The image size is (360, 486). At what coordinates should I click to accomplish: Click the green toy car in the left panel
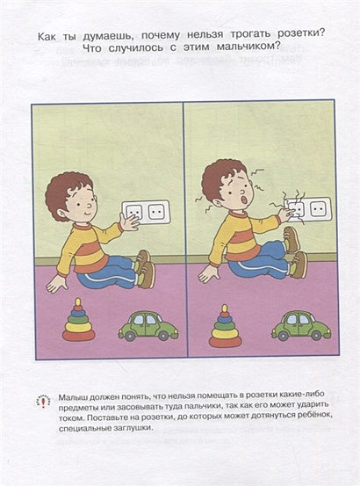point(148,326)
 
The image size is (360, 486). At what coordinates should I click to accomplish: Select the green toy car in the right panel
point(300,326)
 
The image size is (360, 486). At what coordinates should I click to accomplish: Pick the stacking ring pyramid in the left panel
point(79,323)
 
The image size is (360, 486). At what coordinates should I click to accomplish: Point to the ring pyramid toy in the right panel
point(225,326)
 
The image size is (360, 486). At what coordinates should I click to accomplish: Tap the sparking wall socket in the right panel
point(306,209)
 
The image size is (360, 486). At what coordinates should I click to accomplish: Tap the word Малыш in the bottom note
point(76,398)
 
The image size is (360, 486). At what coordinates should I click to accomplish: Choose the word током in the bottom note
point(74,418)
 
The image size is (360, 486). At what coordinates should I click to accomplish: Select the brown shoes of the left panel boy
point(143,268)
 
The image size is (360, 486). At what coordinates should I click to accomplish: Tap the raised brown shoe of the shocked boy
point(292,239)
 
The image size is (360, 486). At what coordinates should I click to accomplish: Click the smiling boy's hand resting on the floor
point(56,284)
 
